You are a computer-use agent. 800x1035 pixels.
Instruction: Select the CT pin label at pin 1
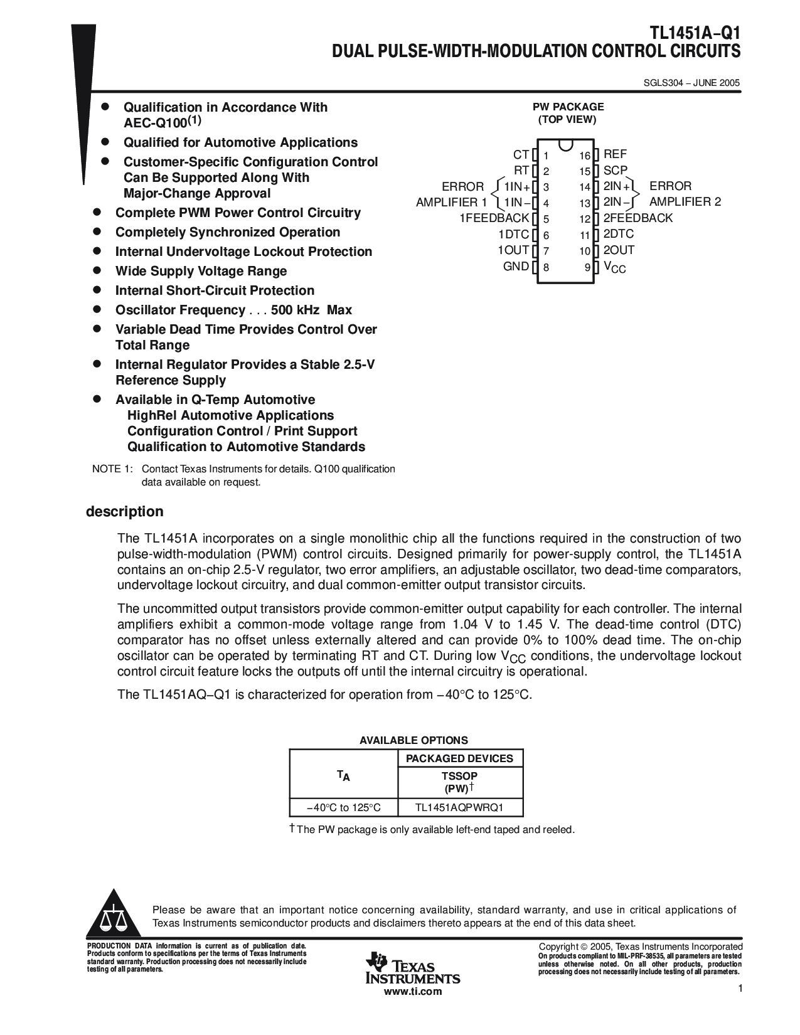[x=521, y=155]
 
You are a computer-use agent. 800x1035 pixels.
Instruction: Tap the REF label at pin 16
[x=615, y=154]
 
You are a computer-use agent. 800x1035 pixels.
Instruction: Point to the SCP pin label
[x=615, y=170]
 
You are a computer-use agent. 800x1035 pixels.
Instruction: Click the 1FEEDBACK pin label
[x=494, y=218]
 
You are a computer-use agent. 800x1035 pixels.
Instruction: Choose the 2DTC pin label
[x=619, y=234]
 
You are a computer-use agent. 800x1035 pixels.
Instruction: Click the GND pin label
[x=516, y=266]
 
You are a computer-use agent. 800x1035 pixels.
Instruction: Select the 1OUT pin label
[x=513, y=250]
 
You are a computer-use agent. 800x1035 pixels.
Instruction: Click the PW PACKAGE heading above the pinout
[x=568, y=107]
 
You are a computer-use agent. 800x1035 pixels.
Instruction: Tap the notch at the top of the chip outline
[x=566, y=144]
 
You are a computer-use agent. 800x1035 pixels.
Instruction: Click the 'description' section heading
[x=124, y=511]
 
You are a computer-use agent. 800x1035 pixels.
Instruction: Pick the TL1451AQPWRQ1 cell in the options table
[x=459, y=807]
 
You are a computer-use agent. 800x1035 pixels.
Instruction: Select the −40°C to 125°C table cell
[x=343, y=807]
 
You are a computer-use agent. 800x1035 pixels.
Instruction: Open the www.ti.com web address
[x=412, y=991]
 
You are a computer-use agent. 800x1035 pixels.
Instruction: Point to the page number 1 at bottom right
[x=740, y=989]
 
